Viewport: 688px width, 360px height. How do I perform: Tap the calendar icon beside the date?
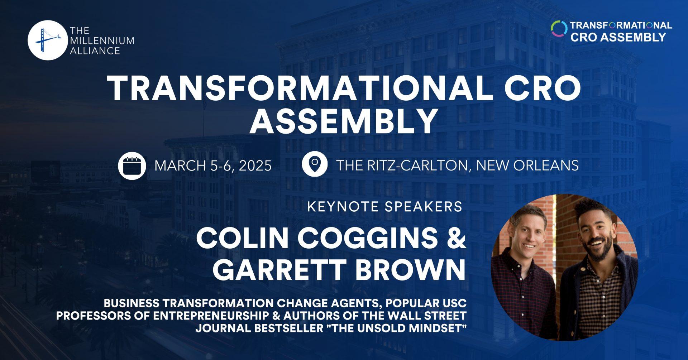pos(132,165)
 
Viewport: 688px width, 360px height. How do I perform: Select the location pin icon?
pos(314,165)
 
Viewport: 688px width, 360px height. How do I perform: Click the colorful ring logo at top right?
pos(559,29)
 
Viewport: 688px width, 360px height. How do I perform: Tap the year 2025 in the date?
pos(255,165)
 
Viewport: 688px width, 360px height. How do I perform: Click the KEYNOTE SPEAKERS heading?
pos(384,207)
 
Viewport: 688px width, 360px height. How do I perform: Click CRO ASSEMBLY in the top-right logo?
pos(618,37)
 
